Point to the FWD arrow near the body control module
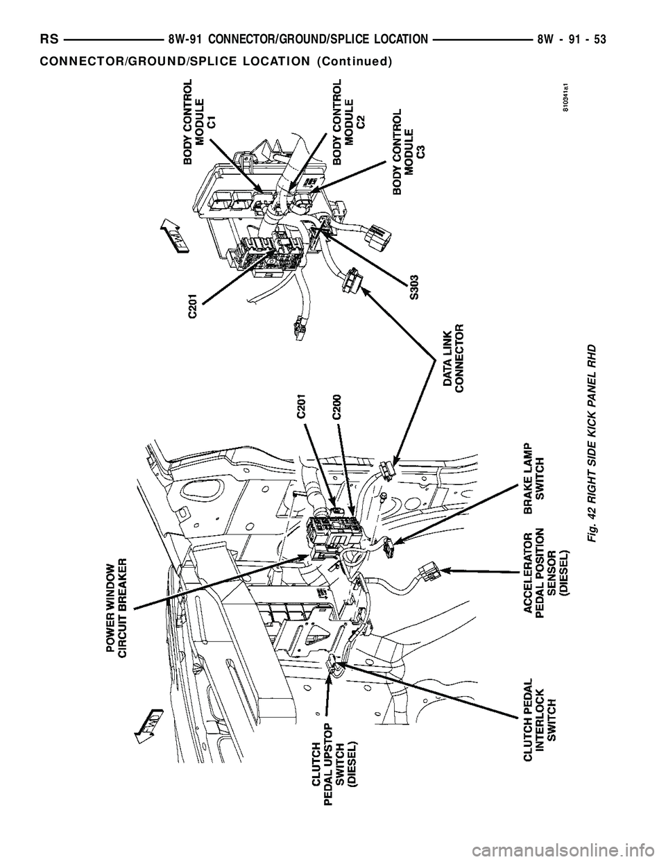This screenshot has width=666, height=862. [169, 237]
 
